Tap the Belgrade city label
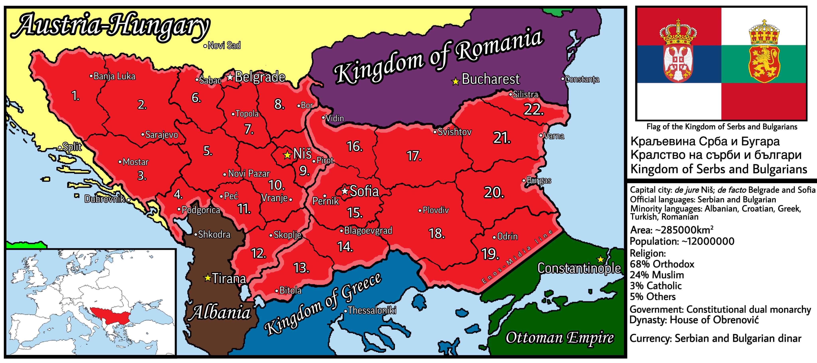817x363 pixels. (260, 77)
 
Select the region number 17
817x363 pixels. (414, 156)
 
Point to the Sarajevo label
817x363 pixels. (161, 135)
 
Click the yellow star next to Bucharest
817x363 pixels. (455, 82)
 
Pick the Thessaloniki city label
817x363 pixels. (372, 310)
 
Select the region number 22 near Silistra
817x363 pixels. (533, 110)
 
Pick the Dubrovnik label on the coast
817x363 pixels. (105, 199)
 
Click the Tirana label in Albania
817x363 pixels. (229, 279)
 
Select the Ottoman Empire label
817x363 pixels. (559, 338)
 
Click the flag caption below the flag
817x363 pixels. (721, 127)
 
